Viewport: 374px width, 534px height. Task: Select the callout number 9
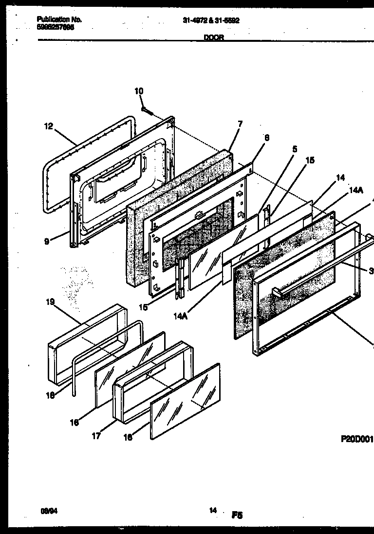[x=47, y=241]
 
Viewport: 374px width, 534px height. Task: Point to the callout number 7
[x=239, y=124]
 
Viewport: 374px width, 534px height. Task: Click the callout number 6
[x=266, y=138]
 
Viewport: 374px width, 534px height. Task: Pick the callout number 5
[x=295, y=149]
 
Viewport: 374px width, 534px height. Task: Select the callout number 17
[x=96, y=436]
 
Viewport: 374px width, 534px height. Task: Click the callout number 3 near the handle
[x=371, y=271]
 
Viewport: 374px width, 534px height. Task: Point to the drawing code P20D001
[x=356, y=439]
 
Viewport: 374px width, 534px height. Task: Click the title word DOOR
[x=214, y=38]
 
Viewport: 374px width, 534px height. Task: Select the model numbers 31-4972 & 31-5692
[x=211, y=21]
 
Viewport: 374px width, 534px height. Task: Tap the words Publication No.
[x=59, y=19]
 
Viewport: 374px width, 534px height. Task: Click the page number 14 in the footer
[x=213, y=510]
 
